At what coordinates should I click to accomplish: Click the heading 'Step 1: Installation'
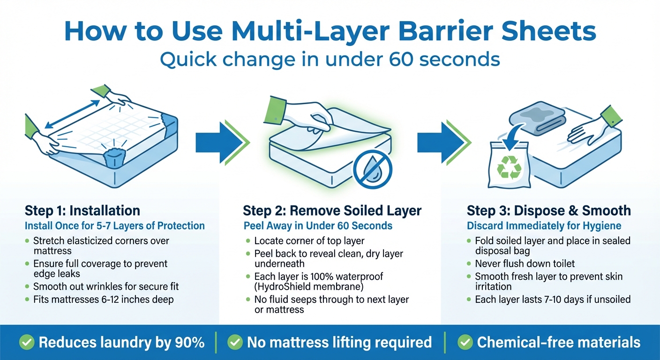click(82, 210)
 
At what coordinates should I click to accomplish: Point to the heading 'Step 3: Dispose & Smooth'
click(549, 210)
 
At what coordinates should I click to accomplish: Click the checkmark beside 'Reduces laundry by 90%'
click(27, 343)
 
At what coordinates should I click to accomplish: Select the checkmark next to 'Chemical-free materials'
click(465, 343)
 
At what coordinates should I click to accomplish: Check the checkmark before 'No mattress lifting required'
click(235, 343)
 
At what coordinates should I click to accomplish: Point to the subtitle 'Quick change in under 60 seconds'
click(330, 60)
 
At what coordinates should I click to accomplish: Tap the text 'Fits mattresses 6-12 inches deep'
click(103, 299)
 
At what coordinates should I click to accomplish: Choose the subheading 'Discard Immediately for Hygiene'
click(544, 226)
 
